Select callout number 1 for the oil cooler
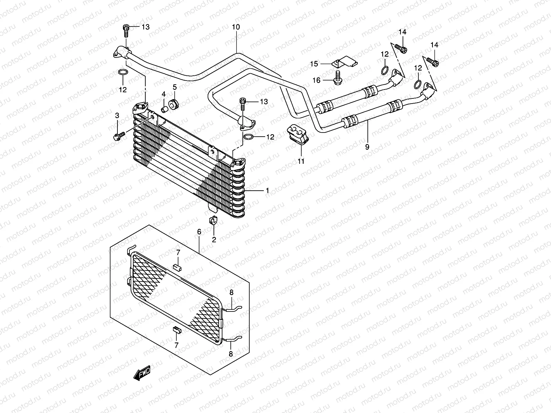coord(267,190)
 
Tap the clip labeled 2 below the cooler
coord(213,220)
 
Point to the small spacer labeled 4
coord(165,109)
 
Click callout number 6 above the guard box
coord(199,232)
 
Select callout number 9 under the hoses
coord(367,147)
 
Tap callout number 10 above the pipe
coord(236,27)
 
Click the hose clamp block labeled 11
coord(299,135)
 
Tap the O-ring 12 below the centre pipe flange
coord(249,137)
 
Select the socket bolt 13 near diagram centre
coord(243,102)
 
